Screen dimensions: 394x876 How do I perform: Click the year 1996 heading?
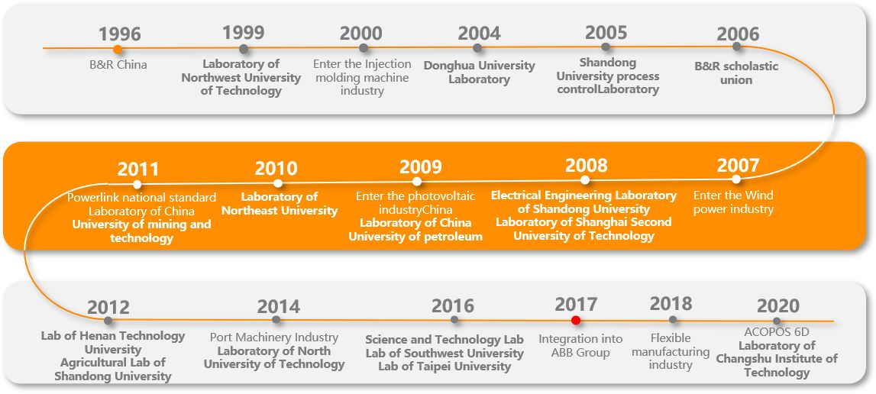pos(120,34)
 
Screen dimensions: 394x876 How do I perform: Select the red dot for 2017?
pos(576,321)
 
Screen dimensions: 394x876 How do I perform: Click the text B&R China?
pos(118,65)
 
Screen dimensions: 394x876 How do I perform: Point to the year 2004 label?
pos(479,34)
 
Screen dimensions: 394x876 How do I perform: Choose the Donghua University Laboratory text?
pos(479,73)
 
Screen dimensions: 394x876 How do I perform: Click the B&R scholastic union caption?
pos(736,73)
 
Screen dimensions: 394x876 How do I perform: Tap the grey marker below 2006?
pos(736,47)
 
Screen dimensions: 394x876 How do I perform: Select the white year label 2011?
pos(138,170)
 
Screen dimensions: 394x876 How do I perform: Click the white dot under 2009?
pos(417,182)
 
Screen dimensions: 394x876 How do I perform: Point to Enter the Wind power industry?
pos(733,202)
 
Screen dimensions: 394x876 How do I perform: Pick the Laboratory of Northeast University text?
pos(280,204)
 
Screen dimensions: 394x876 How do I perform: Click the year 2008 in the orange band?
pos(587,166)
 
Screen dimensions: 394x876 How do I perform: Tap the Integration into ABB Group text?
pos(580,345)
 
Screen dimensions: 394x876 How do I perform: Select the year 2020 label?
pos(778,307)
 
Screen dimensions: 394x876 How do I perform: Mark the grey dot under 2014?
pos(276,320)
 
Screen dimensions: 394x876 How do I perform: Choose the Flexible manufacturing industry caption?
pos(671,351)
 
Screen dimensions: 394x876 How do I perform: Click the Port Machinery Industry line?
pos(274,337)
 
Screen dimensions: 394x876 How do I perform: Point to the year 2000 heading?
pos(361,34)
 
